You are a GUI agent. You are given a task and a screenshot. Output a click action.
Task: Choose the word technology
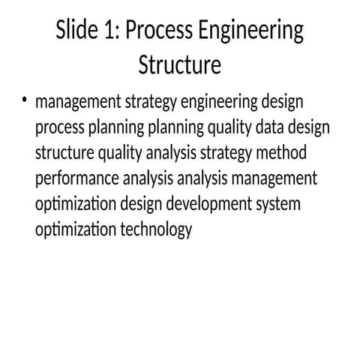click(x=156, y=230)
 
